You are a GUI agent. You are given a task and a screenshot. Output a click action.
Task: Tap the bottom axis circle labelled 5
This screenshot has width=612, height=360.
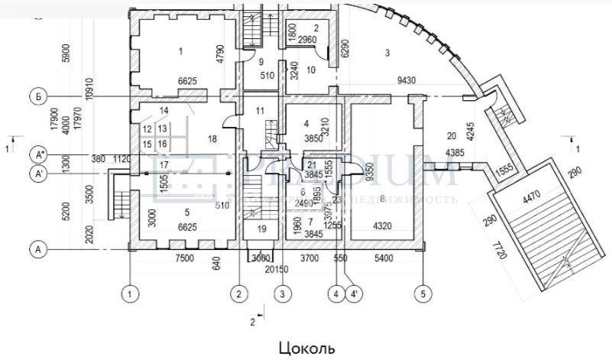click(422, 292)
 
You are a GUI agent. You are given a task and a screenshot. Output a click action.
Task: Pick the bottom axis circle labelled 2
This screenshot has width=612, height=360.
click(239, 292)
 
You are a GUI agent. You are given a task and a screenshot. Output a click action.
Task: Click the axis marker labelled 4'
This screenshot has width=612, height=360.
click(355, 292)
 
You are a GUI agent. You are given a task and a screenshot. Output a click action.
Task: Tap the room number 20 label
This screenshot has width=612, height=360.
click(452, 136)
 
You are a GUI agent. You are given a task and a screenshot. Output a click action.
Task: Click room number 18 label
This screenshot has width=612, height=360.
click(212, 138)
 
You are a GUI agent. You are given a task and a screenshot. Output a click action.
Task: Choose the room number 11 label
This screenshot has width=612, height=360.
click(261, 112)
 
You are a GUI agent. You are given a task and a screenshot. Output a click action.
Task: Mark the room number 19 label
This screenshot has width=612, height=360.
click(261, 229)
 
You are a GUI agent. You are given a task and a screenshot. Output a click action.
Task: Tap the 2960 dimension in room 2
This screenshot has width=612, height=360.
click(307, 39)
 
